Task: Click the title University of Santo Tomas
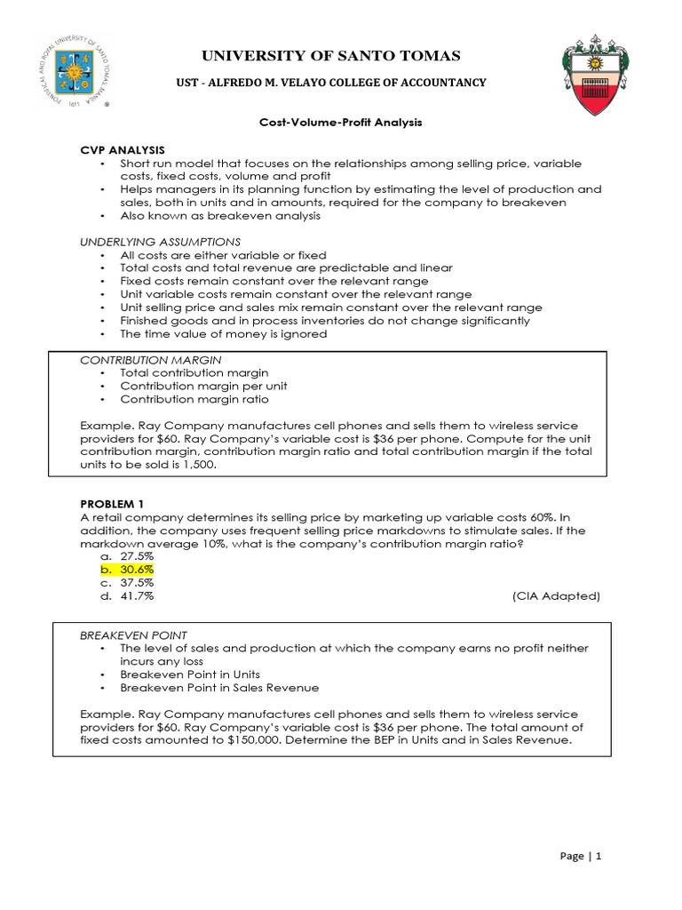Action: [x=331, y=57]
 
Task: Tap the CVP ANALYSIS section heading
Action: [x=122, y=149]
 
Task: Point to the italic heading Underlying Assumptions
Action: [x=160, y=242]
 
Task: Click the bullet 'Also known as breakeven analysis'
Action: [x=220, y=216]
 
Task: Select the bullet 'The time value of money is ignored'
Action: [x=224, y=334]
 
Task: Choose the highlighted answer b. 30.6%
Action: [x=128, y=569]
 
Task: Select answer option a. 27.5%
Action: [x=128, y=555]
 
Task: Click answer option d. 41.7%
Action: [x=128, y=596]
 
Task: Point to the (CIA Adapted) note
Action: [x=555, y=596]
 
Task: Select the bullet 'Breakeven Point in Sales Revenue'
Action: [x=219, y=688]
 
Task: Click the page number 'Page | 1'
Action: [x=581, y=857]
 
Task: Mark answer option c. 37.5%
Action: [x=128, y=583]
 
